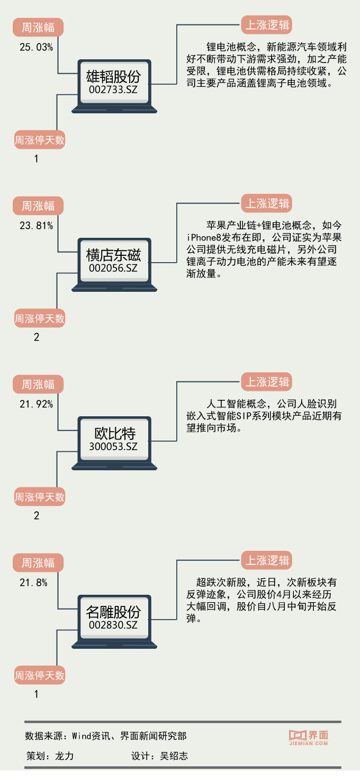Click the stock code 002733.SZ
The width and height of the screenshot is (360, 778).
click(113, 90)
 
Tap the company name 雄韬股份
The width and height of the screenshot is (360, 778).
click(113, 76)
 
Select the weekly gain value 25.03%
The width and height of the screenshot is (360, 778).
click(36, 47)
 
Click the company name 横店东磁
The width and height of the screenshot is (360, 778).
click(113, 255)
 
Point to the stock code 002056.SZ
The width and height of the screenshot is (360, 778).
click(113, 268)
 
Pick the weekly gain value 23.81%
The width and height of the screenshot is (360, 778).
click(36, 226)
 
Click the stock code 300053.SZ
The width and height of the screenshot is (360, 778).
click(113, 446)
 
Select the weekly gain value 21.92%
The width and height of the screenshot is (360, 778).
click(36, 404)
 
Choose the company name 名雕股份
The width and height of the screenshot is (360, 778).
click(113, 612)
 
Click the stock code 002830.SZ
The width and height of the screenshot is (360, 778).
click(113, 625)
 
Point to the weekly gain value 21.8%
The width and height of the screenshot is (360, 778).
click(33, 583)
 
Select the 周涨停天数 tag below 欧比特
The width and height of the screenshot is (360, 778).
click(39, 497)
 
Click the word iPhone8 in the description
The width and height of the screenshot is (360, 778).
click(204, 236)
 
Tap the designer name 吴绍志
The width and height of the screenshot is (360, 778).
click(174, 756)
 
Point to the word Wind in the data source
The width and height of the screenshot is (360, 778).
click(82, 736)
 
